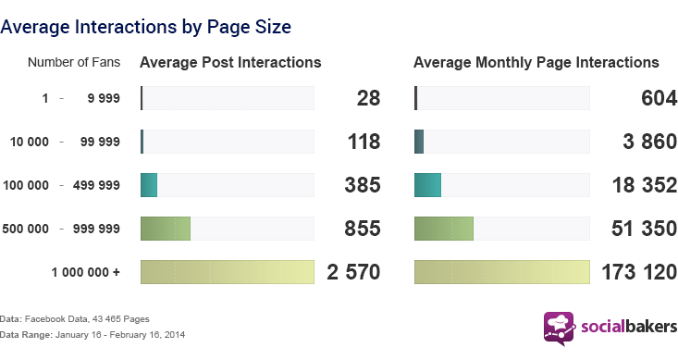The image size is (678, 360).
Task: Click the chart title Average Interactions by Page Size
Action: pyautogui.click(x=146, y=27)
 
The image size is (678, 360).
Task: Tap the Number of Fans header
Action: pyautogui.click(x=73, y=63)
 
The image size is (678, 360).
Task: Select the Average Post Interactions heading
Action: pyautogui.click(x=230, y=63)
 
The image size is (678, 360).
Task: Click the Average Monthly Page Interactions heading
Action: pyautogui.click(x=536, y=63)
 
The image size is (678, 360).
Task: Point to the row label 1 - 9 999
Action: pyautogui.click(x=80, y=98)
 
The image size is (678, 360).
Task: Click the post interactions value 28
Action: pyautogui.click(x=368, y=98)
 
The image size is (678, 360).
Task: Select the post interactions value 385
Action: pyautogui.click(x=364, y=185)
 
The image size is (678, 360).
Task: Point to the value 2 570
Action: pyautogui.click(x=353, y=272)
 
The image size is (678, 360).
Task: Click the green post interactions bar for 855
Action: pyautogui.click(x=165, y=229)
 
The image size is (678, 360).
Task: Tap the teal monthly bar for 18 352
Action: pyautogui.click(x=428, y=185)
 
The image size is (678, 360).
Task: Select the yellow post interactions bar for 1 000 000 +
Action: pyautogui.click(x=227, y=272)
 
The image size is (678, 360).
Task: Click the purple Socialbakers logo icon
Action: pyautogui.click(x=559, y=328)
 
